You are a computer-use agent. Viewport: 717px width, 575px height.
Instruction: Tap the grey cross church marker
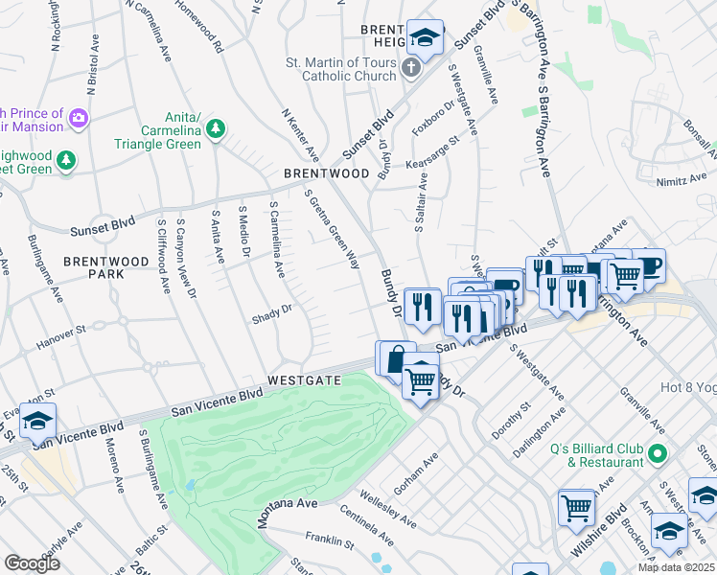point(410,68)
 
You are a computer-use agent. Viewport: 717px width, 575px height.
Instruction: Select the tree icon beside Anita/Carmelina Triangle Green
point(217,127)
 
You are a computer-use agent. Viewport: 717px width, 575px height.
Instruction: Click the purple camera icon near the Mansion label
point(78,120)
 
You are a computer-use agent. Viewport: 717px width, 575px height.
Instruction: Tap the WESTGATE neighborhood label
point(304,380)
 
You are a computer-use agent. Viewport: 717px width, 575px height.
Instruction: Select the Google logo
point(32,563)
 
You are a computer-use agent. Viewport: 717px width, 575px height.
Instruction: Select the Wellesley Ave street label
point(388,511)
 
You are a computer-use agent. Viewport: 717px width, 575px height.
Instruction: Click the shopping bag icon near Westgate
point(395,358)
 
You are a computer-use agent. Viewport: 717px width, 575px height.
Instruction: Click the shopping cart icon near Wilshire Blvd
point(575,505)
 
